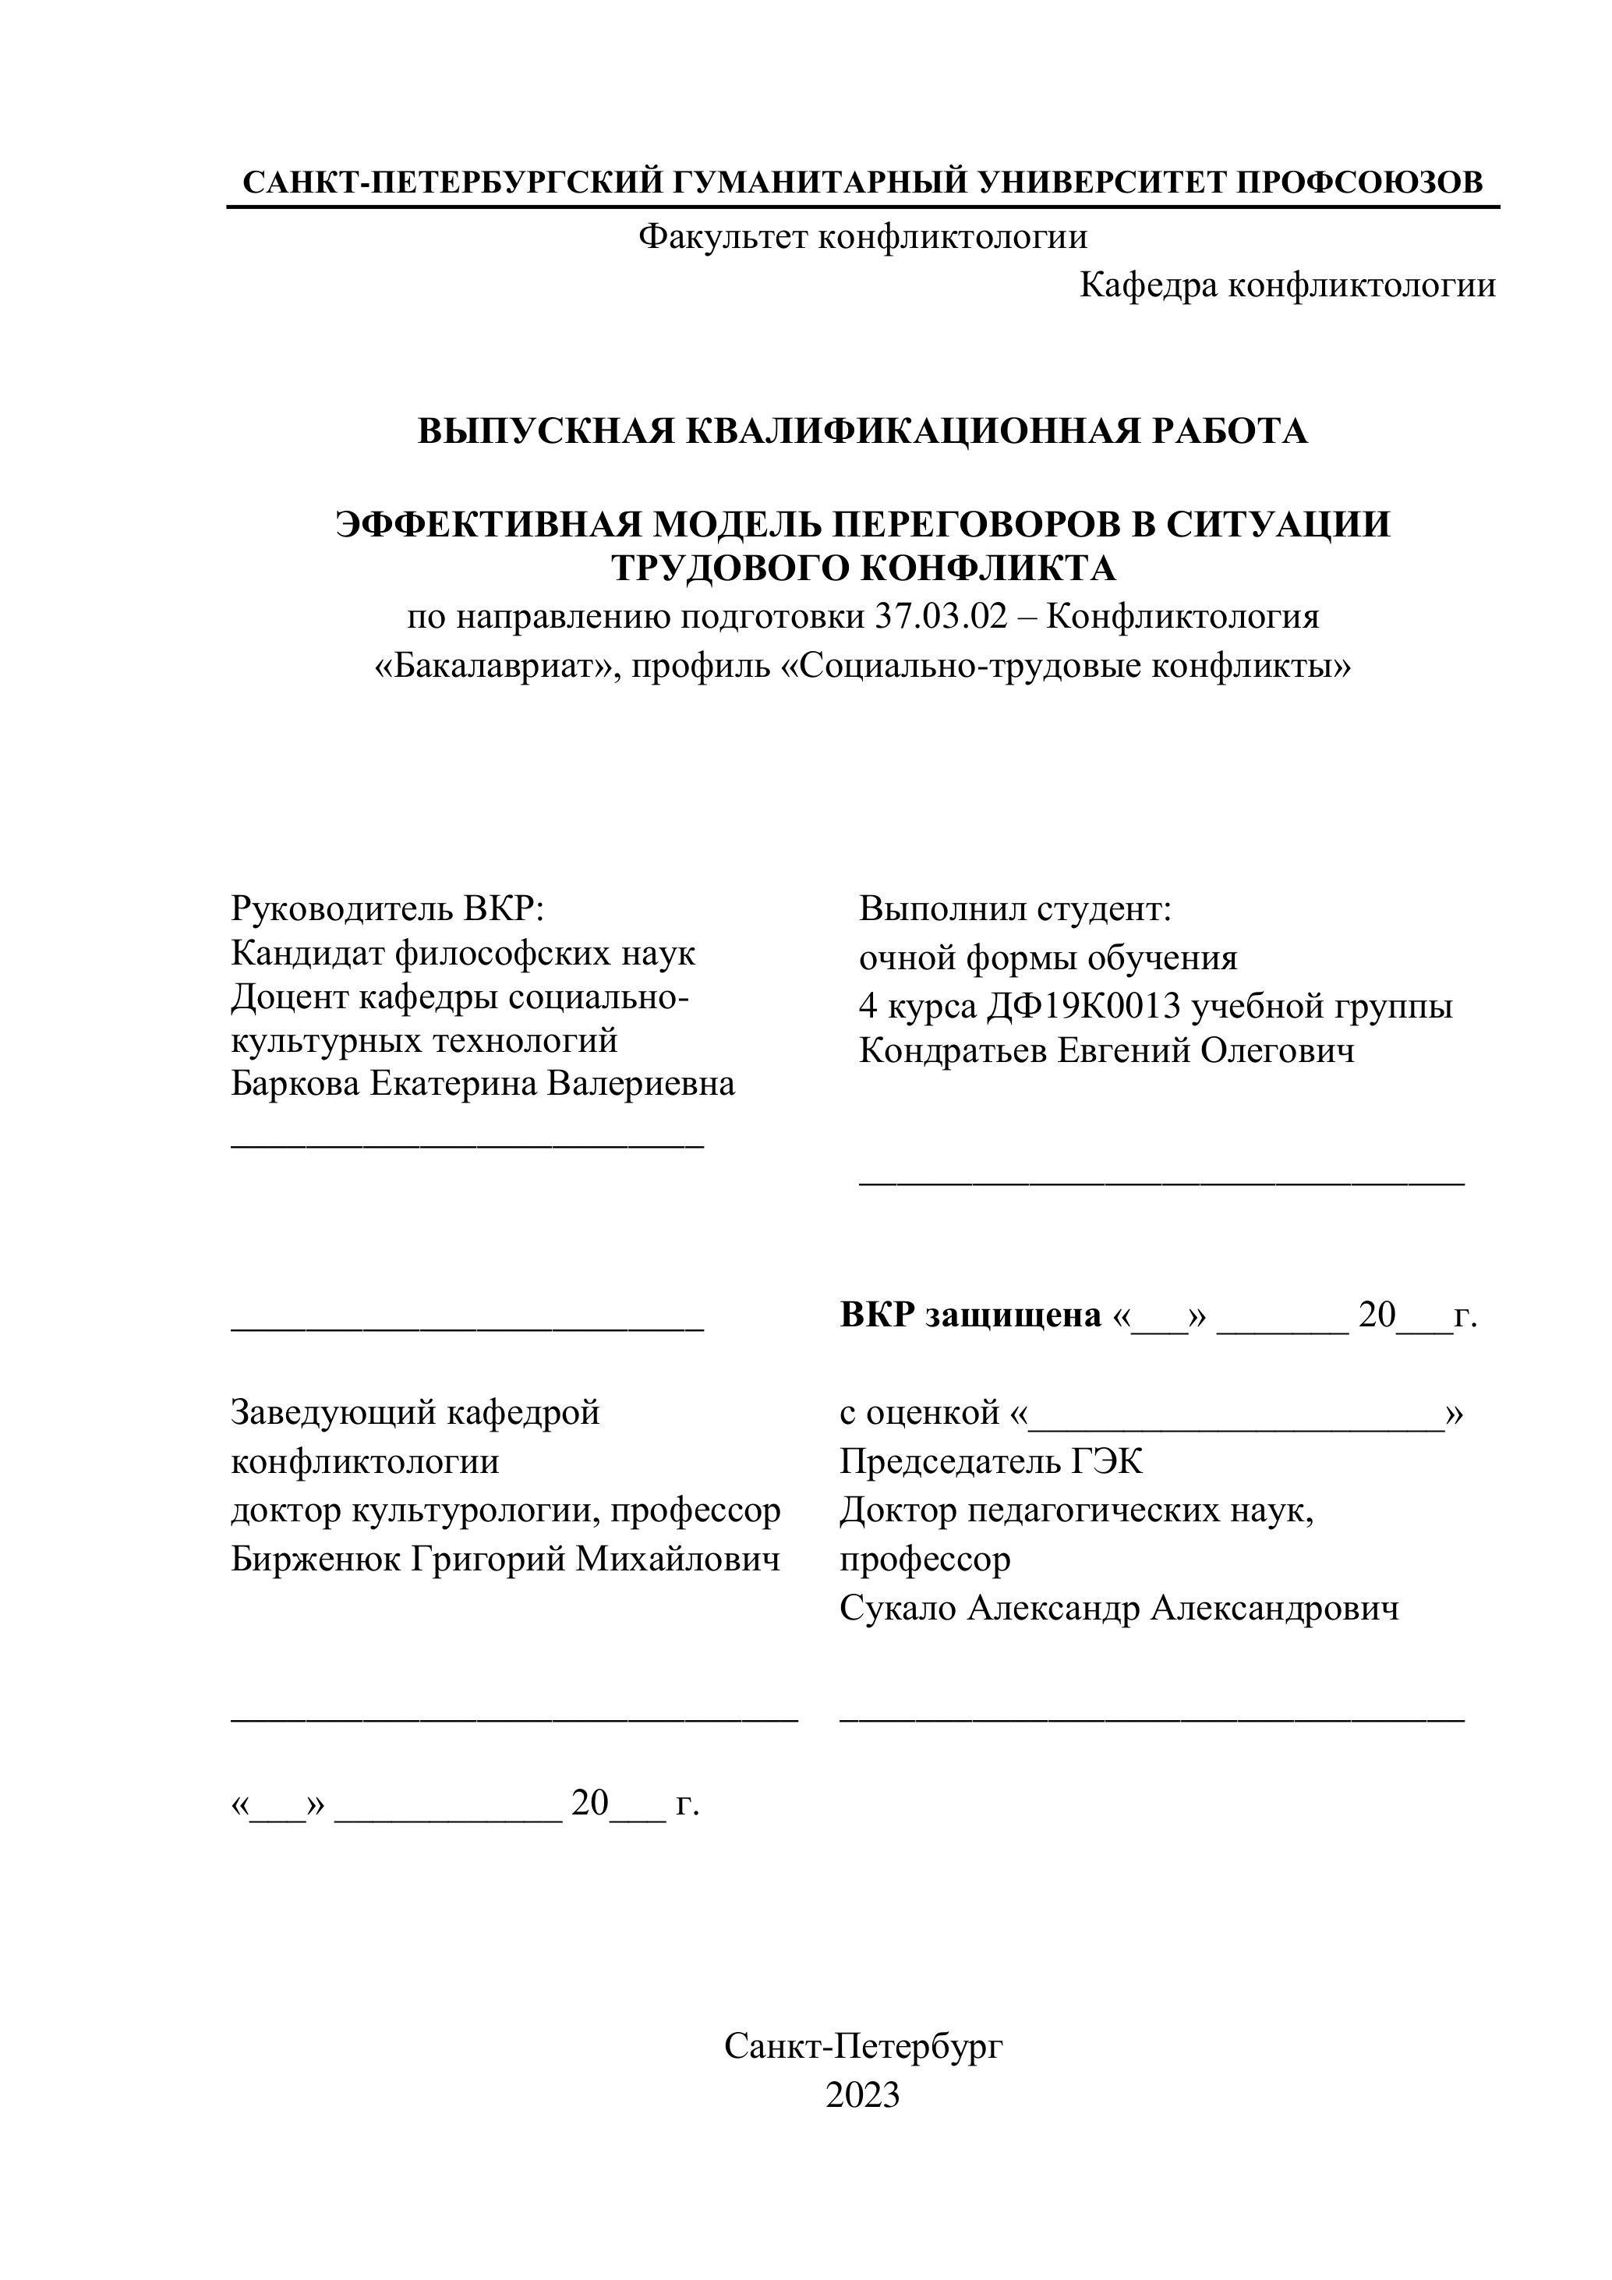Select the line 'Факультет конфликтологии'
[x=863, y=236]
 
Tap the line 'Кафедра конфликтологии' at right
[x=1286, y=286]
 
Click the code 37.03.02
[x=941, y=617]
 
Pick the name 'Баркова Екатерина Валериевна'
[x=483, y=1082]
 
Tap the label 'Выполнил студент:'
[x=1016, y=908]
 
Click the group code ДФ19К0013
[x=1084, y=1006]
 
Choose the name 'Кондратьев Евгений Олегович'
[x=1106, y=1050]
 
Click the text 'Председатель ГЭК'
[x=991, y=1460]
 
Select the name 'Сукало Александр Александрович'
[x=1119, y=1608]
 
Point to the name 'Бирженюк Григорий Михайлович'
[x=505, y=1559]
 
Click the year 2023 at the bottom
[x=863, y=2094]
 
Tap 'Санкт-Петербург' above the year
[x=863, y=2045]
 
